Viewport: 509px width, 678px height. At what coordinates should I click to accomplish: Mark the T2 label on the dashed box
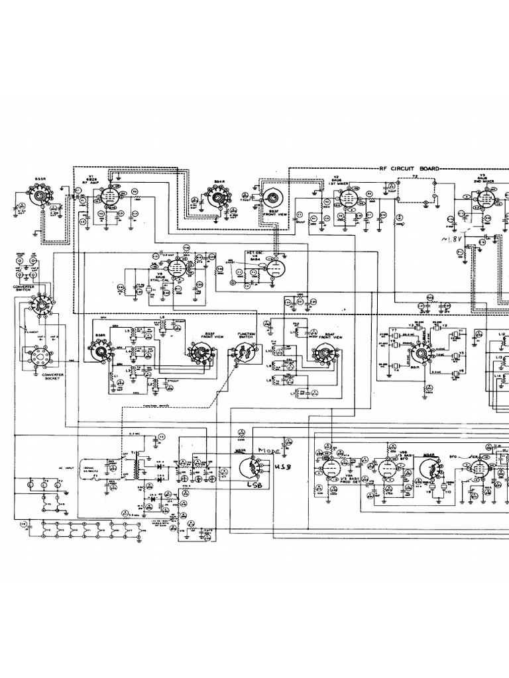(x=415, y=177)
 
